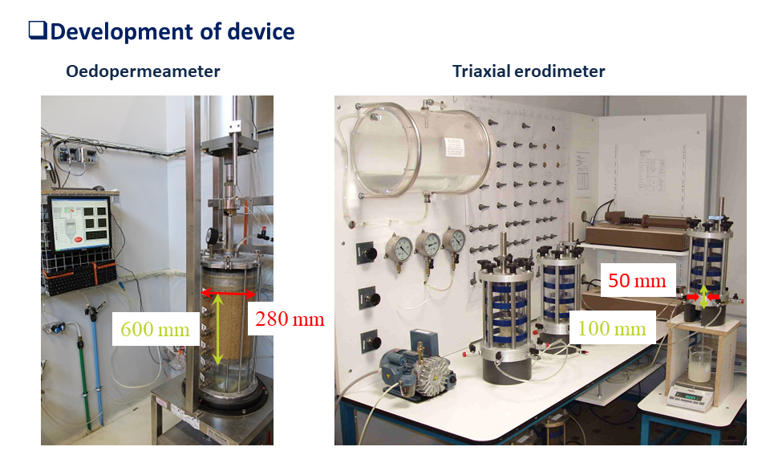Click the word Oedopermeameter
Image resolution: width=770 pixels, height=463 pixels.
click(143, 71)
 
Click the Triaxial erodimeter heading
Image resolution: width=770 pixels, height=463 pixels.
click(529, 71)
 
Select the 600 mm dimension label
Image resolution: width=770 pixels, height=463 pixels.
click(155, 329)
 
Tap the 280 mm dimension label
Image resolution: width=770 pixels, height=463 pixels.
click(290, 319)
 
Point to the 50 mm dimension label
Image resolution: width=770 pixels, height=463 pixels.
click(637, 280)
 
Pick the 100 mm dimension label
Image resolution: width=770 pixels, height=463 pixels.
click(611, 328)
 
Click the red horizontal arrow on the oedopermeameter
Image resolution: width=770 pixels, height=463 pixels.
click(229, 294)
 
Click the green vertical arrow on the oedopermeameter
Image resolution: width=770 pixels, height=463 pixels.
click(217, 329)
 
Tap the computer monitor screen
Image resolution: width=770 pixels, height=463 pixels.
click(79, 223)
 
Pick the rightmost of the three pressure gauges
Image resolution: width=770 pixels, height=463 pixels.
click(454, 241)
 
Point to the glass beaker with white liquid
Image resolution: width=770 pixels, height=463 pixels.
click(699, 364)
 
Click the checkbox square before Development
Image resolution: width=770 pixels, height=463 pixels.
click(38, 30)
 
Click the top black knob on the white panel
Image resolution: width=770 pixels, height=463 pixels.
click(367, 253)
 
